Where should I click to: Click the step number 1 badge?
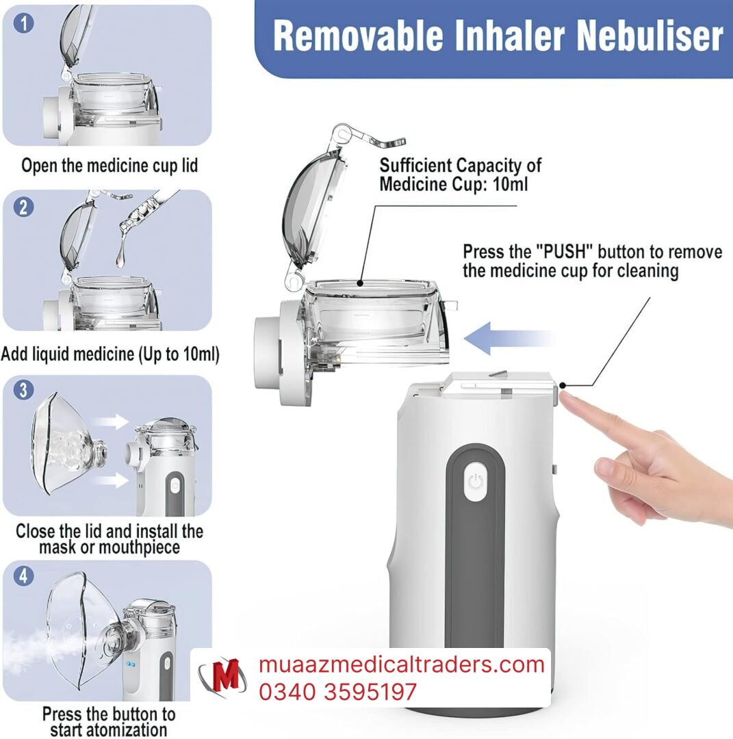click(x=23, y=23)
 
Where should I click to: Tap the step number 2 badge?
click(x=23, y=207)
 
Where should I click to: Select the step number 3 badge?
click(x=23, y=390)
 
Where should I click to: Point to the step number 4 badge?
click(x=23, y=575)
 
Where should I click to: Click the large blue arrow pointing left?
click(x=508, y=339)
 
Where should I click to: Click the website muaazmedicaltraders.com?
click(x=402, y=664)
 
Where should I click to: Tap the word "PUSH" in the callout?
click(x=564, y=252)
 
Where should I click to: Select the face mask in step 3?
click(x=66, y=445)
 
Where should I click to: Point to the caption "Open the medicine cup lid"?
click(x=110, y=166)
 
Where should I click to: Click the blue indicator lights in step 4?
click(x=131, y=664)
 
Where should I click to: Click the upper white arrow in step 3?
click(x=112, y=422)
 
